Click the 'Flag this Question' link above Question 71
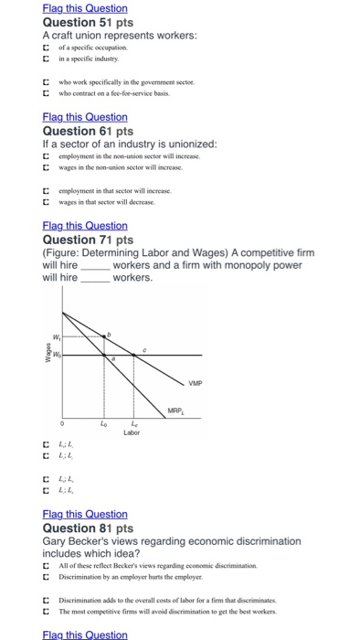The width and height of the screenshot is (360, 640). tap(85, 226)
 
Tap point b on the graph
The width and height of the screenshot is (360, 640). tap(110, 336)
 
